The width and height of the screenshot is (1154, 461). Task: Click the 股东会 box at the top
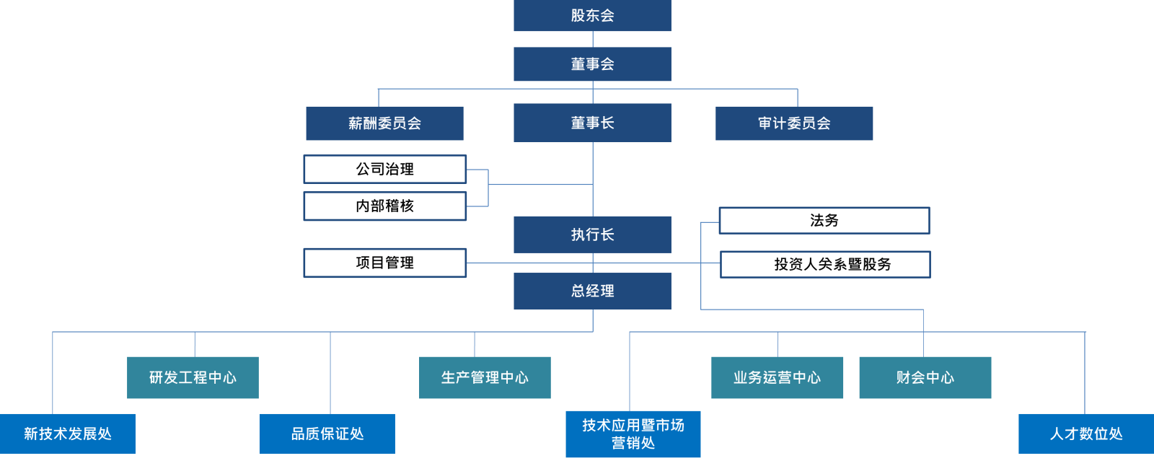pyautogui.click(x=592, y=15)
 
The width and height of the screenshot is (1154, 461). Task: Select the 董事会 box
pyautogui.click(x=592, y=64)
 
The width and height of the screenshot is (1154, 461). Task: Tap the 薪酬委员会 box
pyautogui.click(x=385, y=123)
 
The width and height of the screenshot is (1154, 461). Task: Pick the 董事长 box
pyautogui.click(x=592, y=123)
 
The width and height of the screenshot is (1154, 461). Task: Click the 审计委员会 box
pyautogui.click(x=794, y=123)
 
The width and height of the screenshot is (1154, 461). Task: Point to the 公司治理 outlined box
pyautogui.click(x=385, y=169)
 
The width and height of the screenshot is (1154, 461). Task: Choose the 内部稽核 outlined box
pyautogui.click(x=385, y=206)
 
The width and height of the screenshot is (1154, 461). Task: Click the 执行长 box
pyautogui.click(x=592, y=234)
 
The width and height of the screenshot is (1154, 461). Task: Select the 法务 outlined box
pyautogui.click(x=824, y=221)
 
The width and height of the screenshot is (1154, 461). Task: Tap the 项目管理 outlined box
pyautogui.click(x=385, y=263)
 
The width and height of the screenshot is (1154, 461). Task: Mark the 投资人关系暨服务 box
pyautogui.click(x=825, y=264)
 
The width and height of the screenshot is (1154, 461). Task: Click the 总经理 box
pyautogui.click(x=592, y=291)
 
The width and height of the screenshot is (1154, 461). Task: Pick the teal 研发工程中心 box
pyautogui.click(x=193, y=377)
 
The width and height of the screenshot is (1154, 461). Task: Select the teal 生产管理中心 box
pyautogui.click(x=485, y=377)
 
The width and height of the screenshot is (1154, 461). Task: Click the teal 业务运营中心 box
pyautogui.click(x=777, y=377)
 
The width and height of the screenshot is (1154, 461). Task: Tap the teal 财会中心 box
pyautogui.click(x=925, y=377)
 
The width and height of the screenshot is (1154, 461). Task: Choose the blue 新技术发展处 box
pyautogui.click(x=68, y=434)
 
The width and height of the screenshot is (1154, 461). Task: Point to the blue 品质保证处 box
pyautogui.click(x=327, y=434)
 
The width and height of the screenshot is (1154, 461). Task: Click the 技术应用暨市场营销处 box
pyautogui.click(x=633, y=434)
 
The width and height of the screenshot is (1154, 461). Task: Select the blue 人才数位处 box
pyautogui.click(x=1086, y=434)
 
